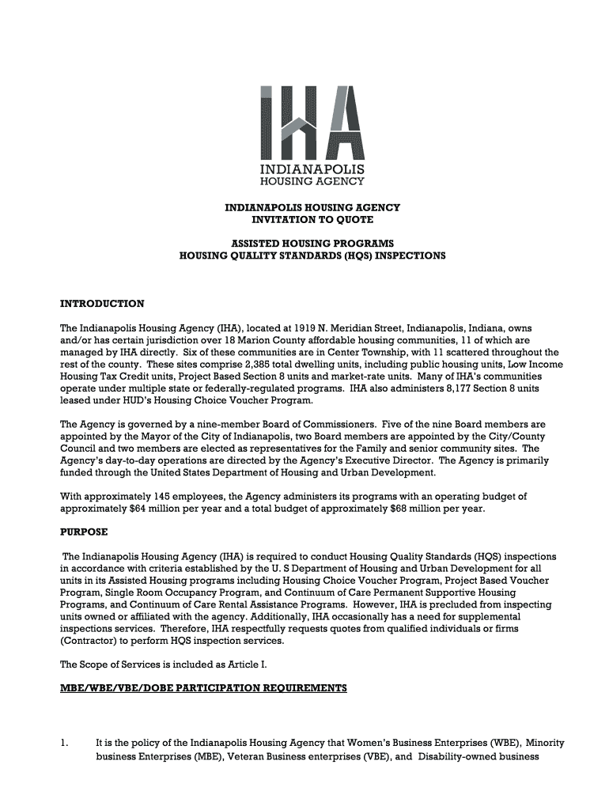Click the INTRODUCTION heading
pyautogui.click(x=102, y=304)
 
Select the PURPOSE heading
pyautogui.click(x=84, y=532)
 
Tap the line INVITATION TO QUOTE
pyautogui.click(x=312, y=220)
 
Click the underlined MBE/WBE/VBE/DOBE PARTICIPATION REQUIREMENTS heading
pyautogui.click(x=203, y=688)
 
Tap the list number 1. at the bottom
pyautogui.click(x=66, y=744)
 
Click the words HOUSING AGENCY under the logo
pyautogui.click(x=312, y=181)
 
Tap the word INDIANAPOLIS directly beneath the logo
pyautogui.click(x=312, y=168)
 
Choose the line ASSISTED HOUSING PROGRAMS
pyautogui.click(x=312, y=244)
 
